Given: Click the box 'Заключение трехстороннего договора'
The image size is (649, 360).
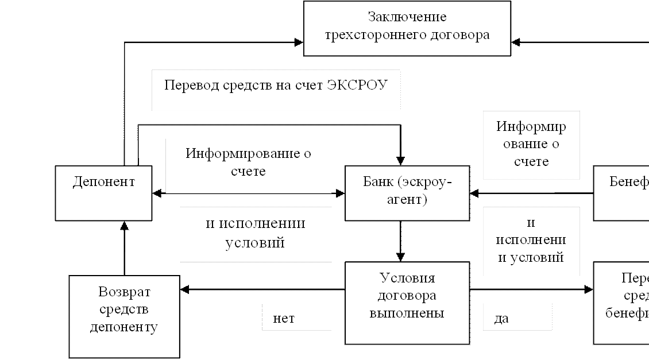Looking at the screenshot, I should [408, 28].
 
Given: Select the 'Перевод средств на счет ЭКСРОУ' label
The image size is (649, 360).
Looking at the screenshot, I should [276, 90].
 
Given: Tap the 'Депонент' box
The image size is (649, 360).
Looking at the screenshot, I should [103, 193].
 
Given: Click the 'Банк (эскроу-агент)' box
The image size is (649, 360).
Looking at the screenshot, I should [407, 193].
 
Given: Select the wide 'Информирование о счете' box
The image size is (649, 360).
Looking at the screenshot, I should [249, 165].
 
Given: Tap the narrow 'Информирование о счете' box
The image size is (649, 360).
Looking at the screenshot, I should [531, 145].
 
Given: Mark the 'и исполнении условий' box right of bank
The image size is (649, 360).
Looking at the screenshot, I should [531, 240].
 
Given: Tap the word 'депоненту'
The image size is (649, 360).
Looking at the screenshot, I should [124, 327].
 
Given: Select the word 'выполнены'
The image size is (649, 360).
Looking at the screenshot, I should [407, 313].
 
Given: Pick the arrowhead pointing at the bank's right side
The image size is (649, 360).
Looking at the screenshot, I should [474, 193].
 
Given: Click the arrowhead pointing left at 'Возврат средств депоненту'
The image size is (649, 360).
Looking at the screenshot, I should [185, 289].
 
